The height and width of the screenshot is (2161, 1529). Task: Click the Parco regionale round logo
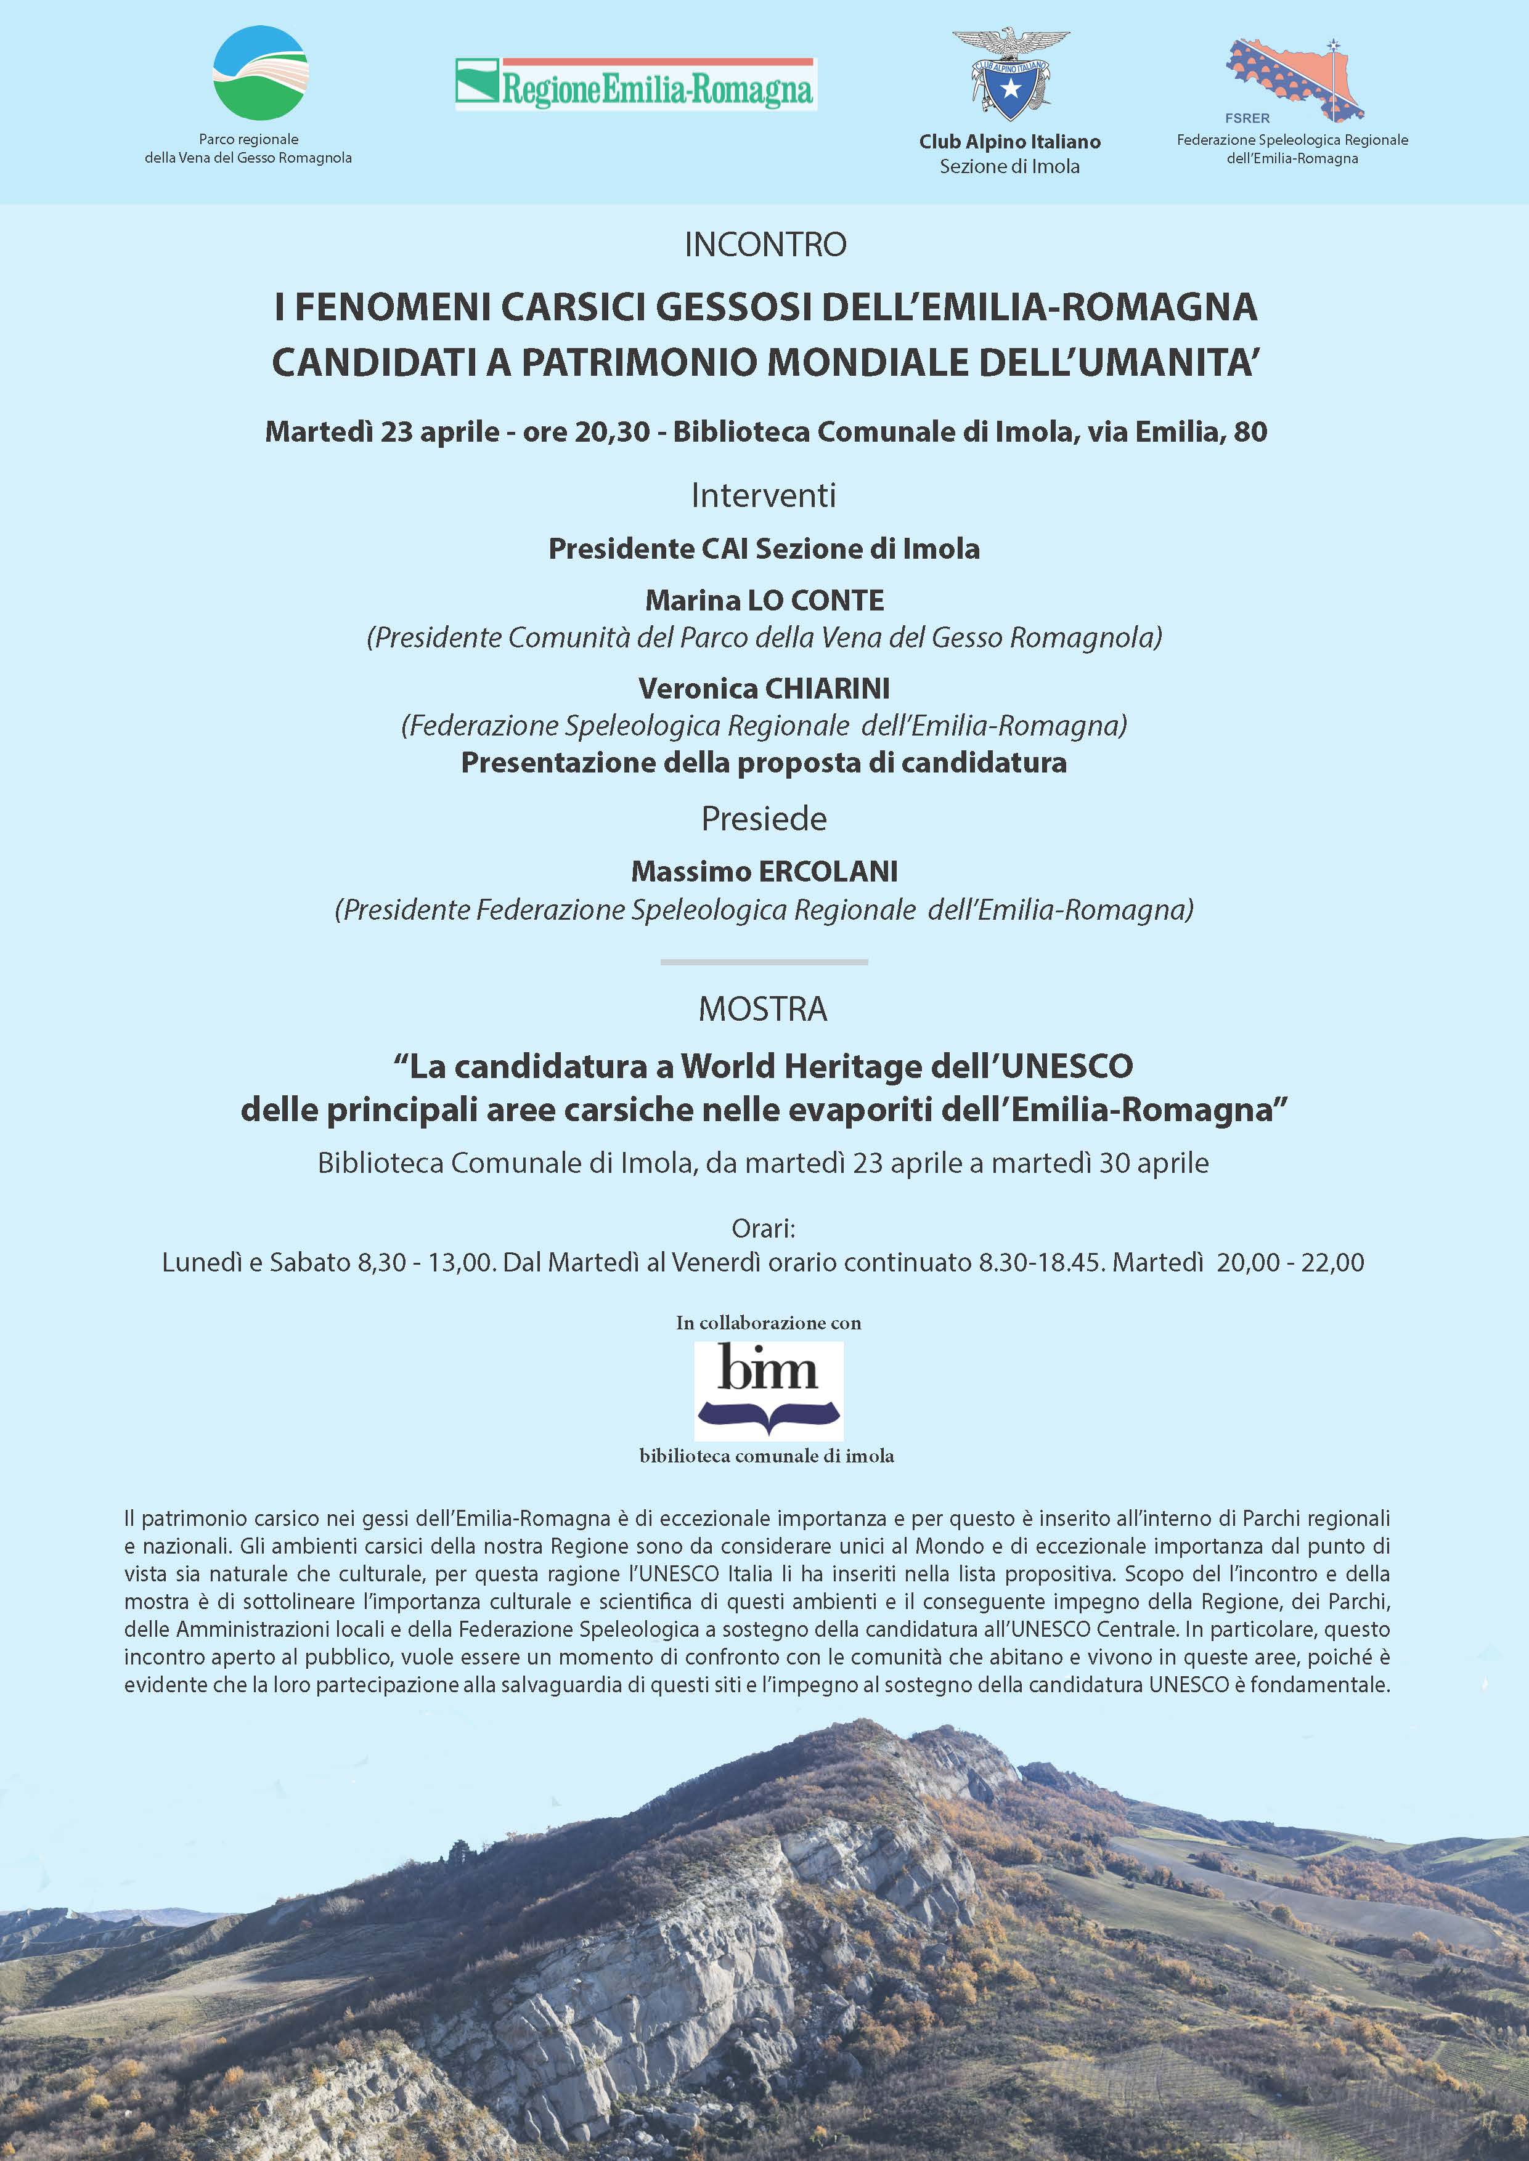pos(261,73)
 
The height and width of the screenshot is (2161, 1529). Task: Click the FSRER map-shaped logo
pos(1295,80)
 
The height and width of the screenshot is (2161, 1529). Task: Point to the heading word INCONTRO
pos(764,245)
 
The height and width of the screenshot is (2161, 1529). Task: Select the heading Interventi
pos(764,495)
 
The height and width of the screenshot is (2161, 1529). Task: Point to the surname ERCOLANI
pos(828,872)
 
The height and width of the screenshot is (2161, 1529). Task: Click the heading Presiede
pos(764,819)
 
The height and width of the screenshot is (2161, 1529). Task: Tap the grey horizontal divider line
pos(764,962)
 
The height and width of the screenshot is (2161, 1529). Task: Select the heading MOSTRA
pos(764,1009)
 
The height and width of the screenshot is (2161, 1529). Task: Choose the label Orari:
pos(764,1228)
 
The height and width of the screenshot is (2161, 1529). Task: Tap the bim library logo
pos(769,1389)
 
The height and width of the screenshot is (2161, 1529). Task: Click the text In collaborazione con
pos(769,1323)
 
